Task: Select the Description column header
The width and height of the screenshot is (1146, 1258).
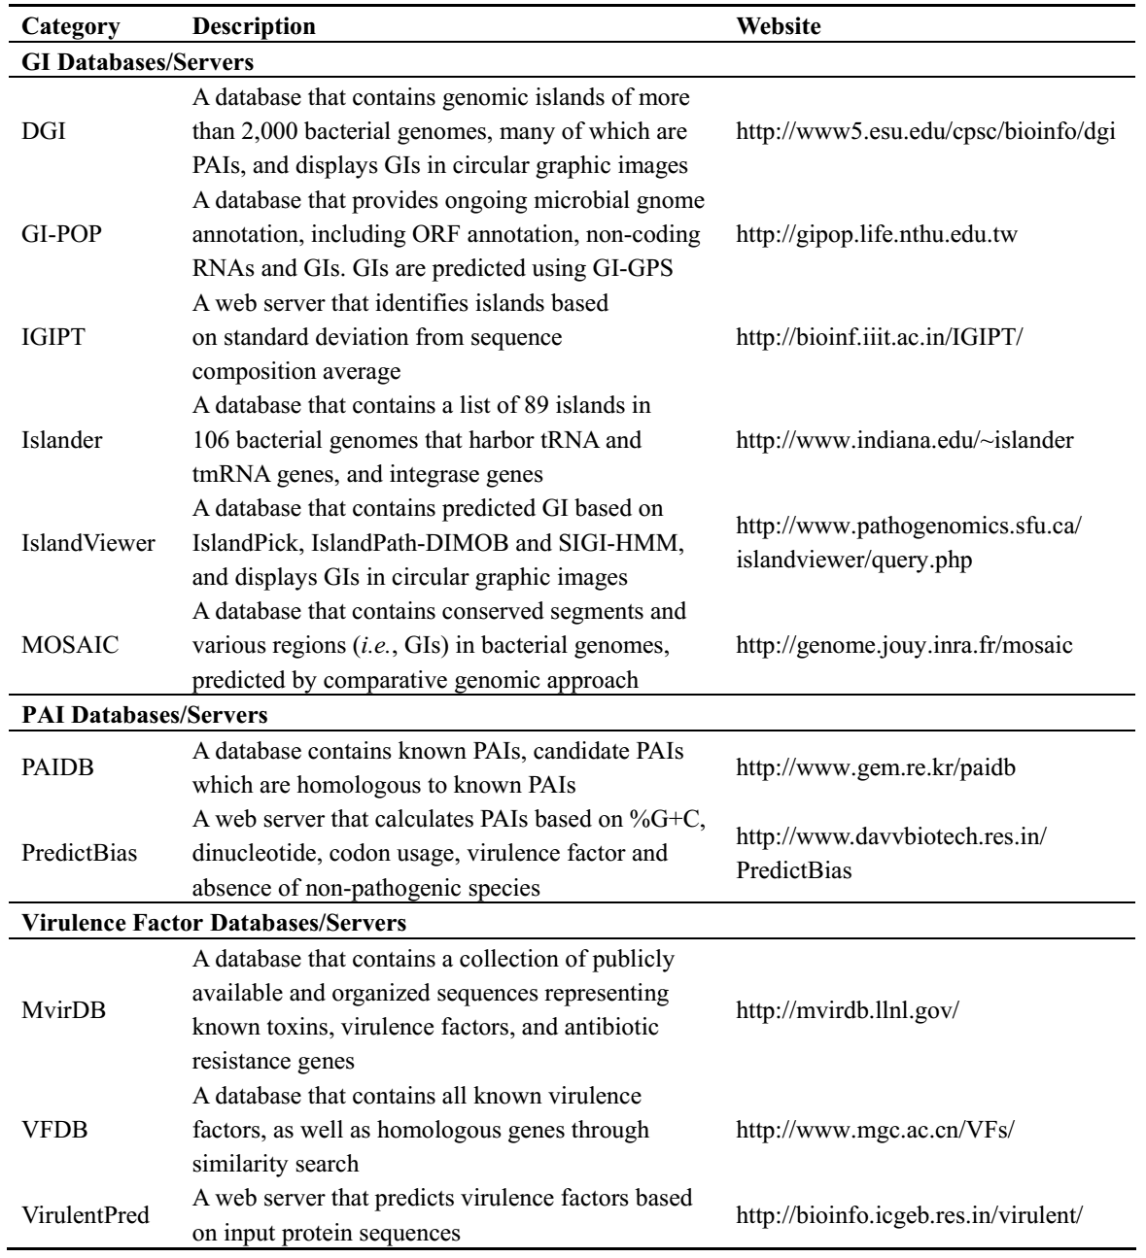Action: [x=254, y=26]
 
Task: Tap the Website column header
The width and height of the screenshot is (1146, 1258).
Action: [x=779, y=26]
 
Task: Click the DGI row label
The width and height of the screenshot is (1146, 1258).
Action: [x=39, y=131]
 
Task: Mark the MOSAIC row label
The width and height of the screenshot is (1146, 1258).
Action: [x=59, y=646]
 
